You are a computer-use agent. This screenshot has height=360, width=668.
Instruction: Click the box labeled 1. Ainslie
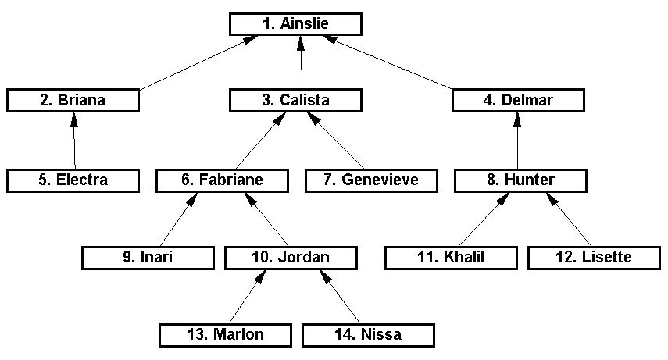point(295,23)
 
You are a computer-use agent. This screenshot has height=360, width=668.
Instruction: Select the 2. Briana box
point(73,100)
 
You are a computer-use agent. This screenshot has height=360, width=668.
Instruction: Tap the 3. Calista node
point(295,100)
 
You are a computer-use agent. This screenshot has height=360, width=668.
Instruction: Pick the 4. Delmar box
point(518,100)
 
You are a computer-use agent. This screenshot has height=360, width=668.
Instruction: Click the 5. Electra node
point(73,180)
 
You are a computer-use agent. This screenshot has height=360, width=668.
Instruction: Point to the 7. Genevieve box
point(371,180)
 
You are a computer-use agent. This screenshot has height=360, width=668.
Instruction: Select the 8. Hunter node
point(520,180)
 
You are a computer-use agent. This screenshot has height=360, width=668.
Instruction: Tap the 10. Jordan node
point(291,257)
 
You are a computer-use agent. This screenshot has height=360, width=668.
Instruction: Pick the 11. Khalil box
point(451,257)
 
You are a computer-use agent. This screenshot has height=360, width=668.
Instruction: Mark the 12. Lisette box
point(595,257)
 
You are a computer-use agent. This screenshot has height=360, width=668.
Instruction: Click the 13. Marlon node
point(224,335)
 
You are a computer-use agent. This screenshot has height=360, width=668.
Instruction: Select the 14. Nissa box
point(367,335)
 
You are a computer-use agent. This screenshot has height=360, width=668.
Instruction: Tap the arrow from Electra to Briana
point(74,141)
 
